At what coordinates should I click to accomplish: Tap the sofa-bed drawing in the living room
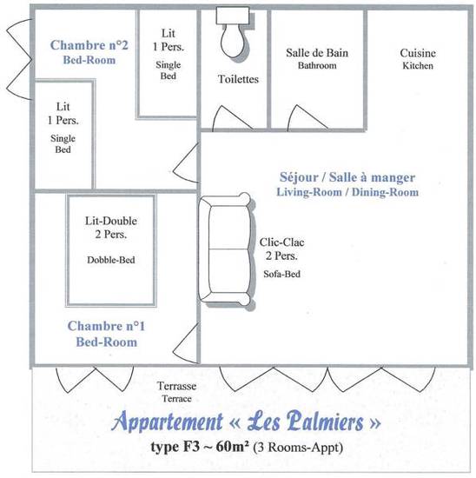(226, 249)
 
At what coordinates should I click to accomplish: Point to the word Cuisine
(418, 53)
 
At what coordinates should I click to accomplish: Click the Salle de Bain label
(317, 53)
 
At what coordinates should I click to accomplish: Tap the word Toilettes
(238, 79)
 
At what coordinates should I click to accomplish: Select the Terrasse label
(176, 386)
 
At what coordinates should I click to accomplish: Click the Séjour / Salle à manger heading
(347, 177)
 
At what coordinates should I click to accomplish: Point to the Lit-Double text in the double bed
(110, 221)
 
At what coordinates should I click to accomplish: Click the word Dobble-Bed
(111, 260)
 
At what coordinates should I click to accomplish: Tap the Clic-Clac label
(281, 242)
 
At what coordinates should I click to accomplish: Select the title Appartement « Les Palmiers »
(246, 422)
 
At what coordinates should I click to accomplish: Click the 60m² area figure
(232, 448)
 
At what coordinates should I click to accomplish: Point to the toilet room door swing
(232, 118)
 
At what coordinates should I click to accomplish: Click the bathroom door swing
(307, 117)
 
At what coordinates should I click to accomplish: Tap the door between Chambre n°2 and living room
(186, 163)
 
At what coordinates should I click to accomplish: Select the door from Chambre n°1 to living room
(186, 343)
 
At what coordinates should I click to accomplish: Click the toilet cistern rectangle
(233, 16)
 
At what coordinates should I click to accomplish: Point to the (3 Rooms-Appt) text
(298, 448)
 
